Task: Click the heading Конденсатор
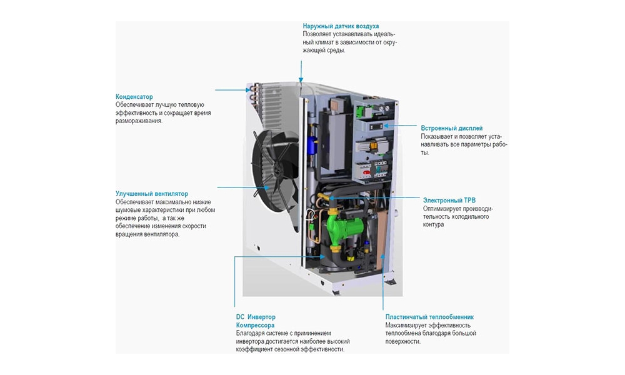(x=134, y=97)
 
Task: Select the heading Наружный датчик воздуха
(x=341, y=26)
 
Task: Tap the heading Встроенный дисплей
(x=451, y=128)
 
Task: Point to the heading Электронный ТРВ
(x=449, y=201)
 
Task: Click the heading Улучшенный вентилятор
(x=151, y=194)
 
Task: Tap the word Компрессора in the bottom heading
(x=255, y=325)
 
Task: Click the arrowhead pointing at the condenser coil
(x=249, y=89)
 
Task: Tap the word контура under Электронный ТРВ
(x=433, y=224)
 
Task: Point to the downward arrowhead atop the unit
(x=301, y=81)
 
